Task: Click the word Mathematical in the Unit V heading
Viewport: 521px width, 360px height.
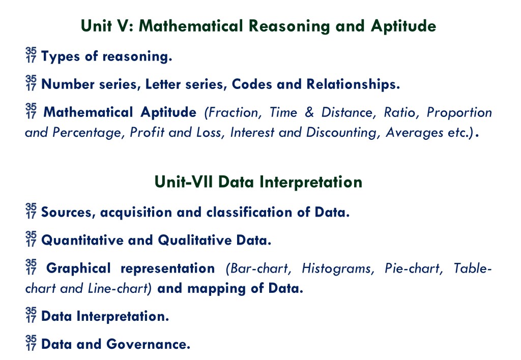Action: (x=191, y=26)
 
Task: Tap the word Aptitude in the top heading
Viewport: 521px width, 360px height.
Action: (x=403, y=26)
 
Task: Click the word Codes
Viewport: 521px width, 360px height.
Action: (x=252, y=84)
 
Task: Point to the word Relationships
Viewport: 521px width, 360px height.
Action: (x=353, y=85)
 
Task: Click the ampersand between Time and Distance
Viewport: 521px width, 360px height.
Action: (x=309, y=112)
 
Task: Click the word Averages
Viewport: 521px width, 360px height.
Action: (x=415, y=132)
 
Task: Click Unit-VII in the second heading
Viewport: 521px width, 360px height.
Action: (x=184, y=182)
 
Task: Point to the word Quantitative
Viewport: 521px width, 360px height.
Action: (x=82, y=240)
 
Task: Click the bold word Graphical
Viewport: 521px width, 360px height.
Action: (x=78, y=268)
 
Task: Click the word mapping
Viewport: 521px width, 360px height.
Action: (x=217, y=289)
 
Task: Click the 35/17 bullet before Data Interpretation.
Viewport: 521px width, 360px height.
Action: (x=31, y=315)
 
